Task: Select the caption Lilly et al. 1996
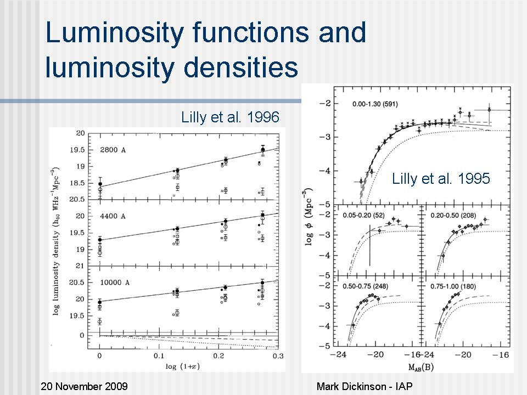pyautogui.click(x=231, y=117)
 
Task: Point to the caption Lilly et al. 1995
pyautogui.click(x=441, y=178)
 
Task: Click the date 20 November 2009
pyautogui.click(x=84, y=386)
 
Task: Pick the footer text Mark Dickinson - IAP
pyautogui.click(x=365, y=386)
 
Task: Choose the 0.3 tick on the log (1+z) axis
pyautogui.click(x=278, y=356)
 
